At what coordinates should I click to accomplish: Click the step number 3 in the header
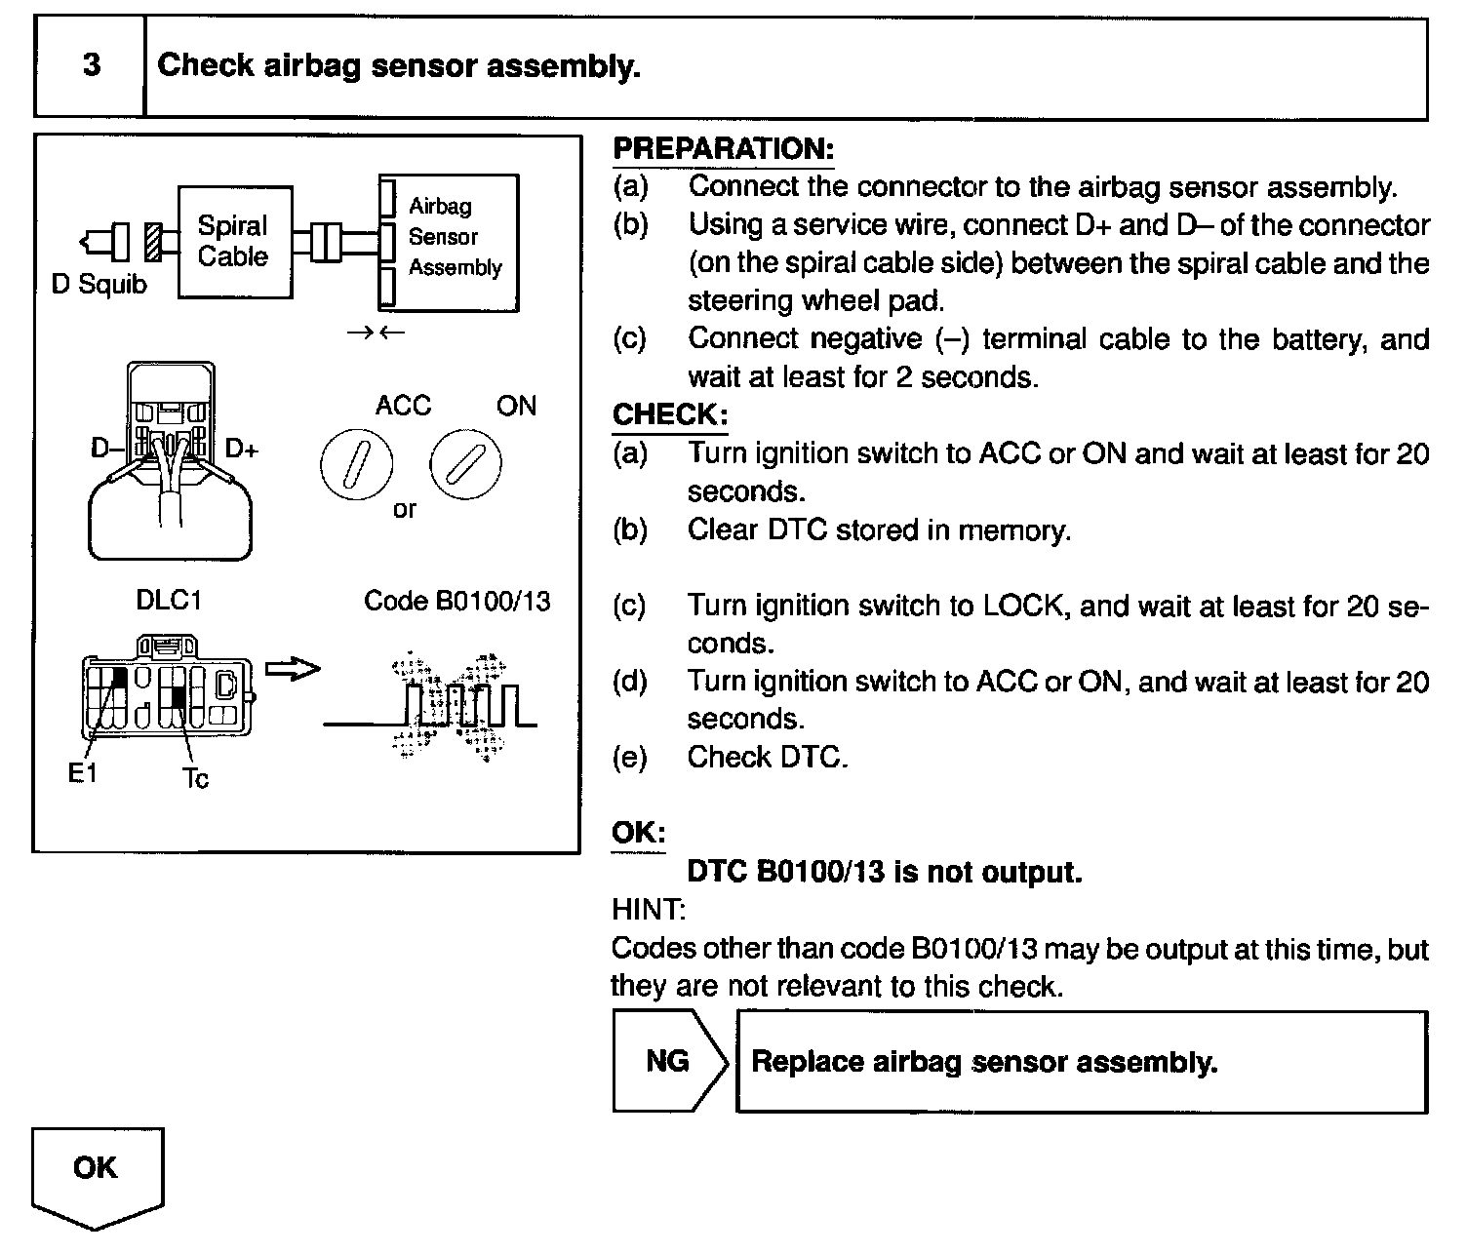(x=91, y=66)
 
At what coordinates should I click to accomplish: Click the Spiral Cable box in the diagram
(x=234, y=242)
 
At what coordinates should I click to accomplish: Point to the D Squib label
(x=99, y=285)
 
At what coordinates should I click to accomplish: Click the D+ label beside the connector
(x=242, y=449)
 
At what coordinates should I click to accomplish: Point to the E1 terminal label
(x=82, y=773)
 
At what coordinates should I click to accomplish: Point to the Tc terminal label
(x=195, y=778)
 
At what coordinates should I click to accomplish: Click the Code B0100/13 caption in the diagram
(x=456, y=601)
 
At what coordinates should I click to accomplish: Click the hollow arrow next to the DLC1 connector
(x=293, y=669)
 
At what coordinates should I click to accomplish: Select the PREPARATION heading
(x=723, y=149)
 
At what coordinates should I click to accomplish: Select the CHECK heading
(x=669, y=414)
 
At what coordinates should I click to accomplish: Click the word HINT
(x=649, y=910)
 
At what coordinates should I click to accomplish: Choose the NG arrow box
(x=669, y=1061)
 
